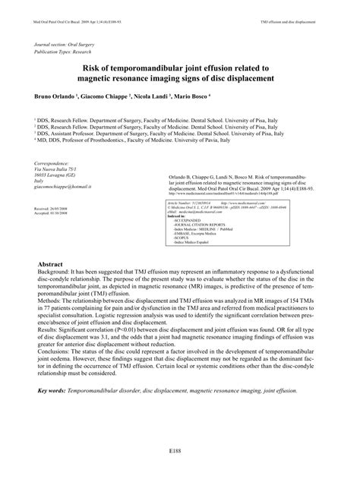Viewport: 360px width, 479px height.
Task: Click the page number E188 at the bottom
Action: tap(178, 451)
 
